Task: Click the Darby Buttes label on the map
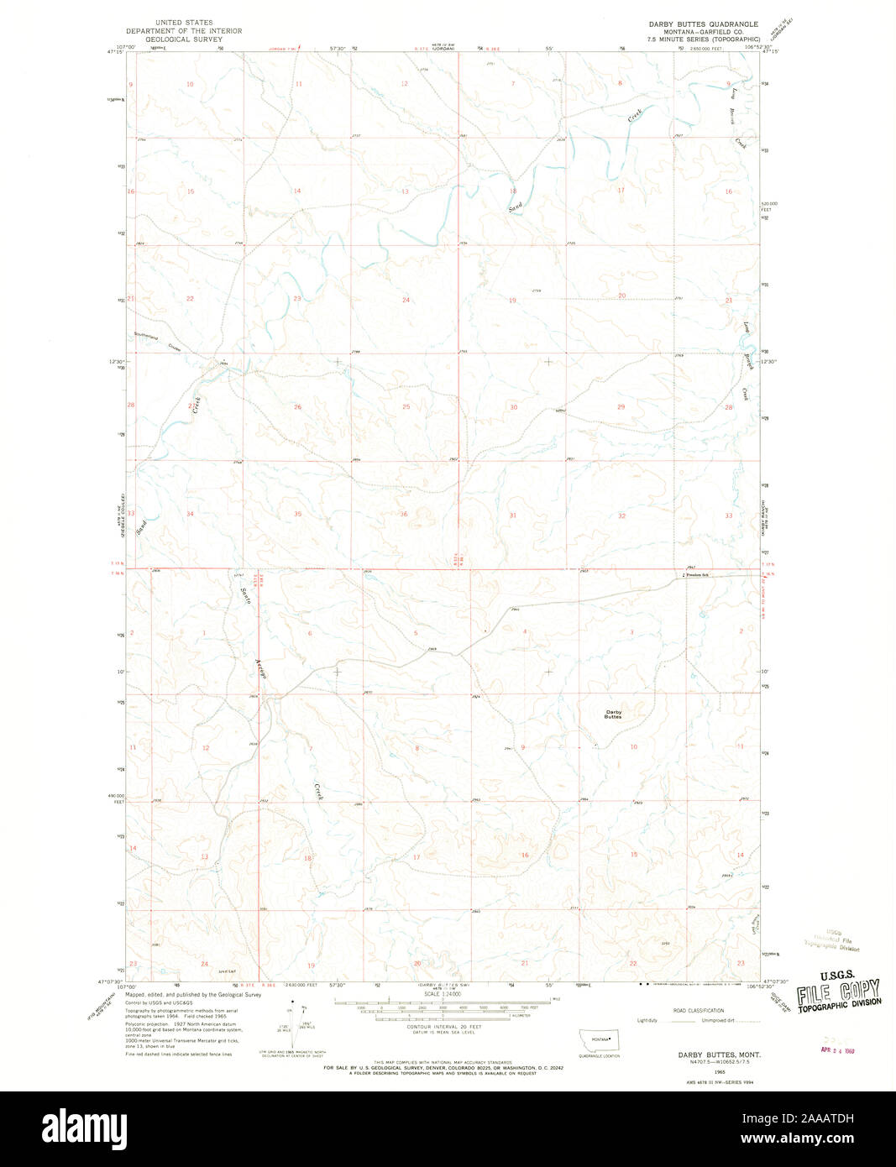click(613, 714)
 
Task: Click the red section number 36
click(404, 515)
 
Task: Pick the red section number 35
click(297, 514)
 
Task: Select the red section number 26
click(297, 407)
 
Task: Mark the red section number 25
click(406, 407)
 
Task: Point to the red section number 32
click(621, 515)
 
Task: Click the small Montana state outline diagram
click(599, 1039)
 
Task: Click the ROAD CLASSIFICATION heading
click(693, 1011)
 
